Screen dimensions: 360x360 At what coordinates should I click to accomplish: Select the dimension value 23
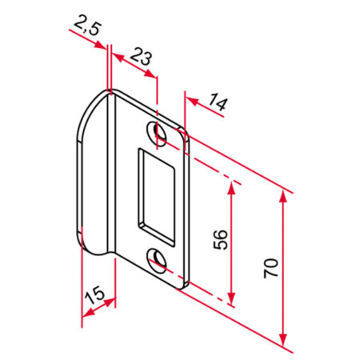click(142, 57)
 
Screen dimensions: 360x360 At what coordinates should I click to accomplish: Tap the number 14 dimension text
click(218, 102)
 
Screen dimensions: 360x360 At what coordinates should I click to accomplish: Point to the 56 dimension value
click(221, 239)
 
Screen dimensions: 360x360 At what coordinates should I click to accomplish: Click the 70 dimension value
click(271, 268)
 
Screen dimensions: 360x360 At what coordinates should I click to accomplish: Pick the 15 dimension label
click(94, 294)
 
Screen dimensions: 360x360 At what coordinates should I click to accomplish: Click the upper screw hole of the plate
click(157, 133)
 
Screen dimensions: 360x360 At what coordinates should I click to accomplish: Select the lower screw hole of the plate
click(157, 261)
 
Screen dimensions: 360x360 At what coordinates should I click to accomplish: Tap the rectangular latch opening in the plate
click(157, 197)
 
